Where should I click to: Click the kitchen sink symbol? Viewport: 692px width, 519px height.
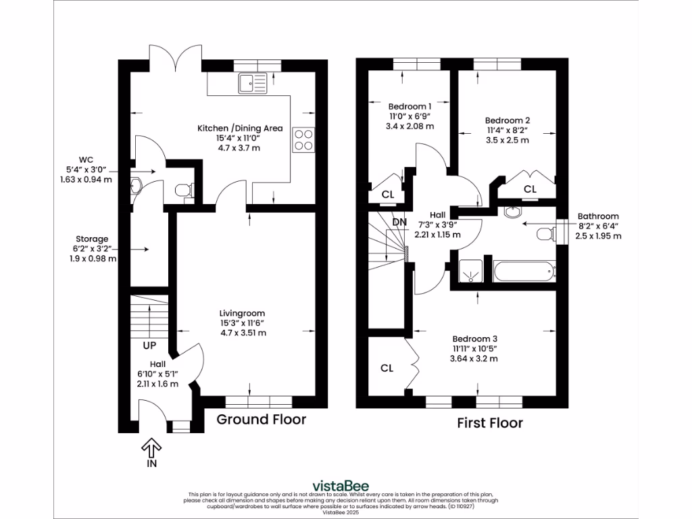(x=253, y=83)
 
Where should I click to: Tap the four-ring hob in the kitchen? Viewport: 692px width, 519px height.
(x=303, y=139)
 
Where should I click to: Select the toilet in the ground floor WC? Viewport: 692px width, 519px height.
(x=184, y=190)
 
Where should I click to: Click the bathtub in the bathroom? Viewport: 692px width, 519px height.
(x=524, y=272)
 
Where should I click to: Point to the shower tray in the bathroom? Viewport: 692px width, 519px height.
(x=470, y=271)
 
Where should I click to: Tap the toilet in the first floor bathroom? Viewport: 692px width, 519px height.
(x=545, y=233)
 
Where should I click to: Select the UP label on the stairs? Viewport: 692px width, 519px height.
(x=149, y=345)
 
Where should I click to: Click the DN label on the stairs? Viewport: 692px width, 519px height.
(x=399, y=222)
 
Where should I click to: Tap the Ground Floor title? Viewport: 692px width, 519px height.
(x=262, y=419)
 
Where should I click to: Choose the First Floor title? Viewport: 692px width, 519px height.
(x=490, y=423)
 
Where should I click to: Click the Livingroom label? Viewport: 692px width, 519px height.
(x=242, y=314)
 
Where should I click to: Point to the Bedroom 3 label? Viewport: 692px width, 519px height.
(x=475, y=339)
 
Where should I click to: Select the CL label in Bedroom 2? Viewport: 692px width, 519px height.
(x=530, y=189)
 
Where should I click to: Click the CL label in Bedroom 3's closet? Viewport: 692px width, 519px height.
(x=387, y=368)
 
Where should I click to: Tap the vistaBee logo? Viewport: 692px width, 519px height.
(x=341, y=487)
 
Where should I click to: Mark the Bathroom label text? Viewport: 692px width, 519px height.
(x=598, y=216)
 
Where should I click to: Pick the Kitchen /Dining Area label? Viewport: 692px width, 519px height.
(x=240, y=128)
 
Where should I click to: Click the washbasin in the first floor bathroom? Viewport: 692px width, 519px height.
(x=513, y=212)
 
